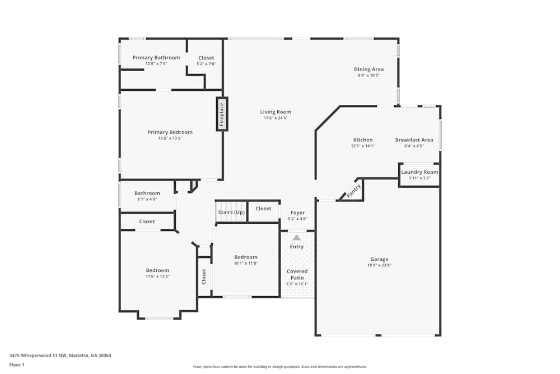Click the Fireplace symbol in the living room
click(x=222, y=114)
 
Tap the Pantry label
click(x=353, y=191)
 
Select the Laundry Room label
click(x=419, y=172)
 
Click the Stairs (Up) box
click(x=231, y=213)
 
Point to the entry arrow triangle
click(x=297, y=238)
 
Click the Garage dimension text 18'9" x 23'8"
click(x=379, y=265)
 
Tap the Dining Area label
click(x=368, y=70)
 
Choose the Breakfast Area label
click(x=414, y=140)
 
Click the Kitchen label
click(x=362, y=140)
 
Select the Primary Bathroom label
click(x=156, y=57)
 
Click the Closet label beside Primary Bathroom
click(x=206, y=58)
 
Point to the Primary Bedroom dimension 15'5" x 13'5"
click(x=170, y=138)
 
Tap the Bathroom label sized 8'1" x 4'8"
click(x=147, y=193)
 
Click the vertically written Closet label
click(x=204, y=276)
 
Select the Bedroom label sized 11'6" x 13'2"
click(x=157, y=270)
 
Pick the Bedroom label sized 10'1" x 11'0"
click(x=246, y=257)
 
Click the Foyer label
click(x=297, y=213)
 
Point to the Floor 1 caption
click(x=17, y=364)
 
